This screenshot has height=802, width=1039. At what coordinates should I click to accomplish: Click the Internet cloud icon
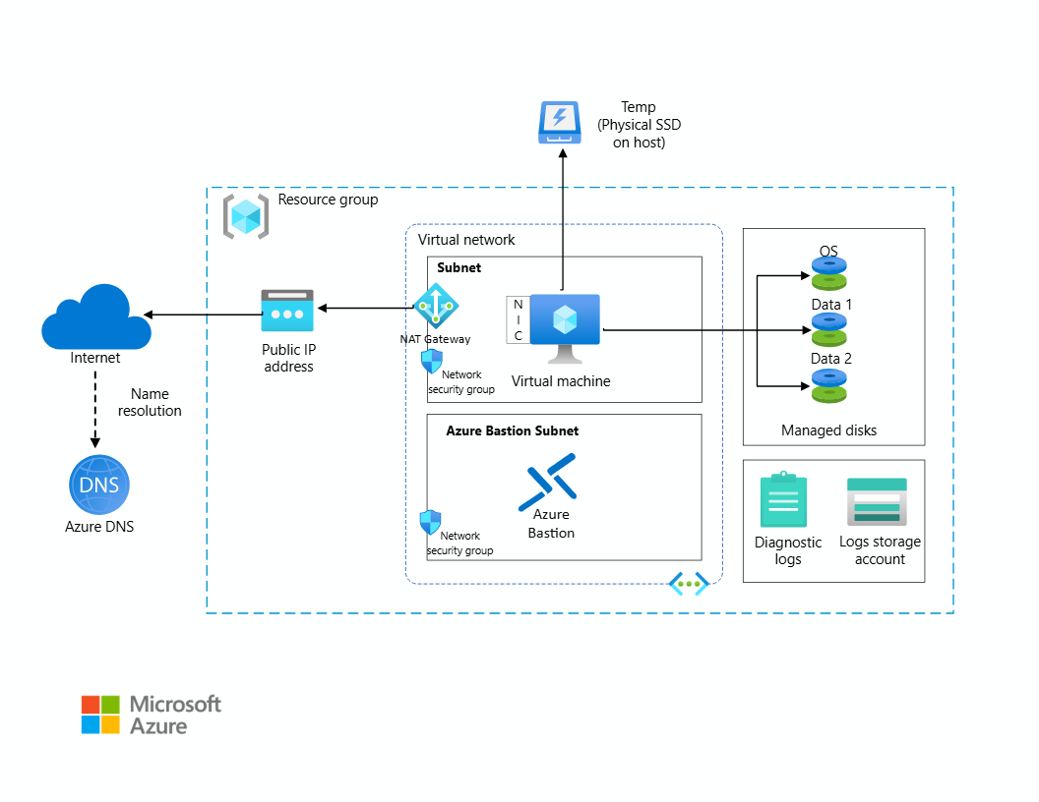click(96, 315)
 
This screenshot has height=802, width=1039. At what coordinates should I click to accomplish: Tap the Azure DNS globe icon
click(98, 486)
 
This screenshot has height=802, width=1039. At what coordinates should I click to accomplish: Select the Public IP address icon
click(287, 311)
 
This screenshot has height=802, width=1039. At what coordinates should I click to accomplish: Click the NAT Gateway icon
click(434, 306)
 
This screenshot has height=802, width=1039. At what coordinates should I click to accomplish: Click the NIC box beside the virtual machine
click(518, 320)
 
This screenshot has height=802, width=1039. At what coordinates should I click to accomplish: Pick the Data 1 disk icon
click(829, 329)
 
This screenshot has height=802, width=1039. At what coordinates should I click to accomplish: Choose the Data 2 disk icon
click(829, 385)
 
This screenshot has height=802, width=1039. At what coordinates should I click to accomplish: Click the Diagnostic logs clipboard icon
click(783, 500)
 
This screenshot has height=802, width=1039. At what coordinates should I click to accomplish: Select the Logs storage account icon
click(877, 502)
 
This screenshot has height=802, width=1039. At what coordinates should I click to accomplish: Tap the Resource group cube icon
click(245, 216)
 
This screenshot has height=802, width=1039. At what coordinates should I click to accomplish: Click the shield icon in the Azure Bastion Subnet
click(430, 522)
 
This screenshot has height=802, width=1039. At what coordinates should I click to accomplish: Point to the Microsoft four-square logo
click(100, 715)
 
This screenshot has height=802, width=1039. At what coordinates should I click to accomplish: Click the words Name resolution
click(150, 402)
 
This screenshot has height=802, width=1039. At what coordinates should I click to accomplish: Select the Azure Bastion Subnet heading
click(512, 430)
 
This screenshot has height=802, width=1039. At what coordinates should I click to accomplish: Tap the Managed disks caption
click(828, 430)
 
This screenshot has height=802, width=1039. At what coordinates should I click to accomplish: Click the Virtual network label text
click(466, 240)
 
